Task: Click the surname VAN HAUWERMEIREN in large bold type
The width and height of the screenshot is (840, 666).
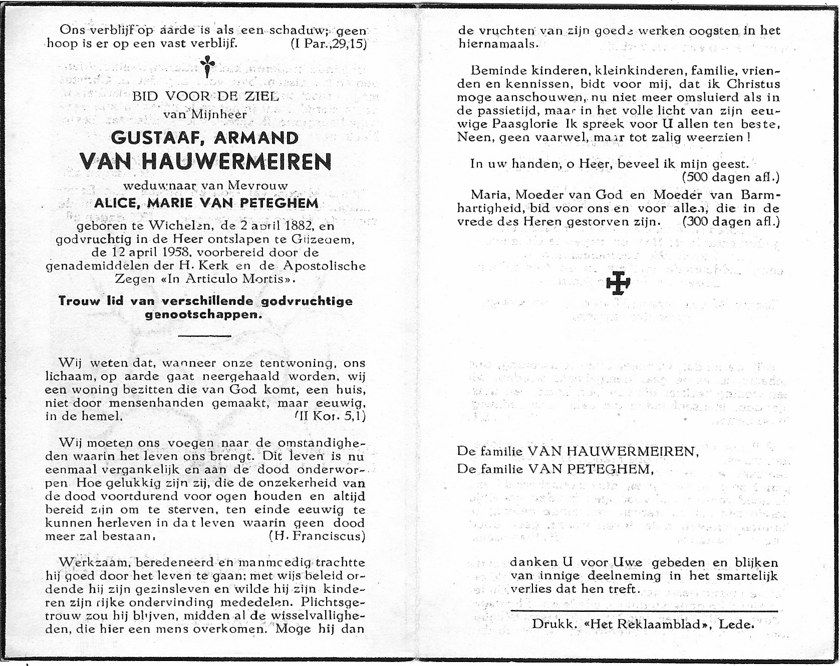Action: [205, 162]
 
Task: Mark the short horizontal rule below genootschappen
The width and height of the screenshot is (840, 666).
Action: [205, 336]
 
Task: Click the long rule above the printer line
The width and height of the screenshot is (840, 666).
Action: [644, 610]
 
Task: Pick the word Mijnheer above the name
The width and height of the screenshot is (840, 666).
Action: [219, 114]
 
